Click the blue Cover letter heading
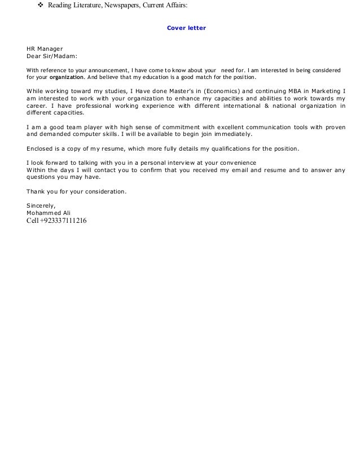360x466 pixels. [x=186, y=27]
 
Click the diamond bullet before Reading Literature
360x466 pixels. [x=39, y=6]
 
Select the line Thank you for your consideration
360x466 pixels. [x=77, y=191]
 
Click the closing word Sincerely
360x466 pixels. [x=41, y=205]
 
